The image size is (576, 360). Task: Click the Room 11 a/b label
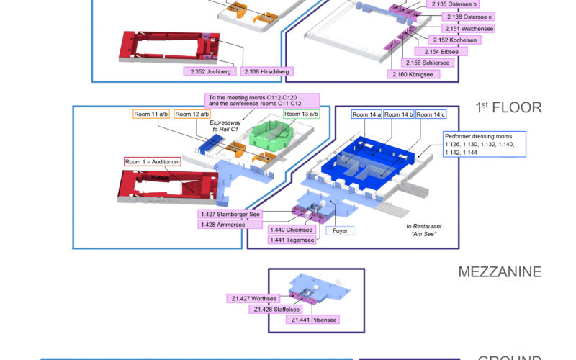[151, 114]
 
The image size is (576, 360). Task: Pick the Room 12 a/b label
[193, 114]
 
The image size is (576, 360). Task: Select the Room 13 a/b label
[301, 114]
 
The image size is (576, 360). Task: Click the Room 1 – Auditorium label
[152, 162]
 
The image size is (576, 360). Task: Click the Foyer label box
[341, 231]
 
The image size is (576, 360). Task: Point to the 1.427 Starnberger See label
[230, 214]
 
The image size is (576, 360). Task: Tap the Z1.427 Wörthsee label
[254, 298]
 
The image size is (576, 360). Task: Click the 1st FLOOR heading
[508, 108]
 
